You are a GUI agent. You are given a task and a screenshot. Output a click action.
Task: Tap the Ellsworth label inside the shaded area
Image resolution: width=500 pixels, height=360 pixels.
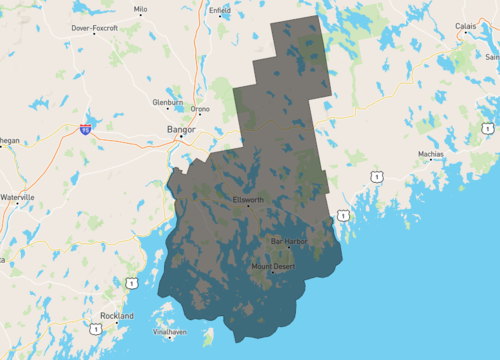(248, 199)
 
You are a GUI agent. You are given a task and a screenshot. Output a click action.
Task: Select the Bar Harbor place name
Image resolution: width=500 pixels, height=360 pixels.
(289, 241)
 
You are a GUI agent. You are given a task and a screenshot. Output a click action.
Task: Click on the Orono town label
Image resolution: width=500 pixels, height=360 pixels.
(200, 108)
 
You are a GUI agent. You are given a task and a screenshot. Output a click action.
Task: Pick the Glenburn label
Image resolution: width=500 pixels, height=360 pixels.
(167, 102)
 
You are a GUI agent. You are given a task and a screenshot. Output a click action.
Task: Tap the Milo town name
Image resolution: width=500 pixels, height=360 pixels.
(140, 8)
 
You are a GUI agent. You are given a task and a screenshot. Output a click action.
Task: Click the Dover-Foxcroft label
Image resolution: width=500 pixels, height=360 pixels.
(94, 28)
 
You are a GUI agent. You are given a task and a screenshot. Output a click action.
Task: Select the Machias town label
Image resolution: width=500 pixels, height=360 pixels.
(431, 154)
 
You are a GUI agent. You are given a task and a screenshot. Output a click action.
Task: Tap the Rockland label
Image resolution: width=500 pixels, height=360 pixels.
(116, 315)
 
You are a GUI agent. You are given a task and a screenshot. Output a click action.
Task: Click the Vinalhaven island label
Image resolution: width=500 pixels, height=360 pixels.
(170, 331)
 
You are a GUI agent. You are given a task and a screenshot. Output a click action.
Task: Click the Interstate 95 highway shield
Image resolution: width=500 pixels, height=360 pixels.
(87, 128)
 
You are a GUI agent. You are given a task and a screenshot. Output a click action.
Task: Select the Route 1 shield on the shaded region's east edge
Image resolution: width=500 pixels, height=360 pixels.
(342, 215)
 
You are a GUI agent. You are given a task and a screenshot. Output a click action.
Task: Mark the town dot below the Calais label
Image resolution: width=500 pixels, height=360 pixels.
(466, 34)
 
